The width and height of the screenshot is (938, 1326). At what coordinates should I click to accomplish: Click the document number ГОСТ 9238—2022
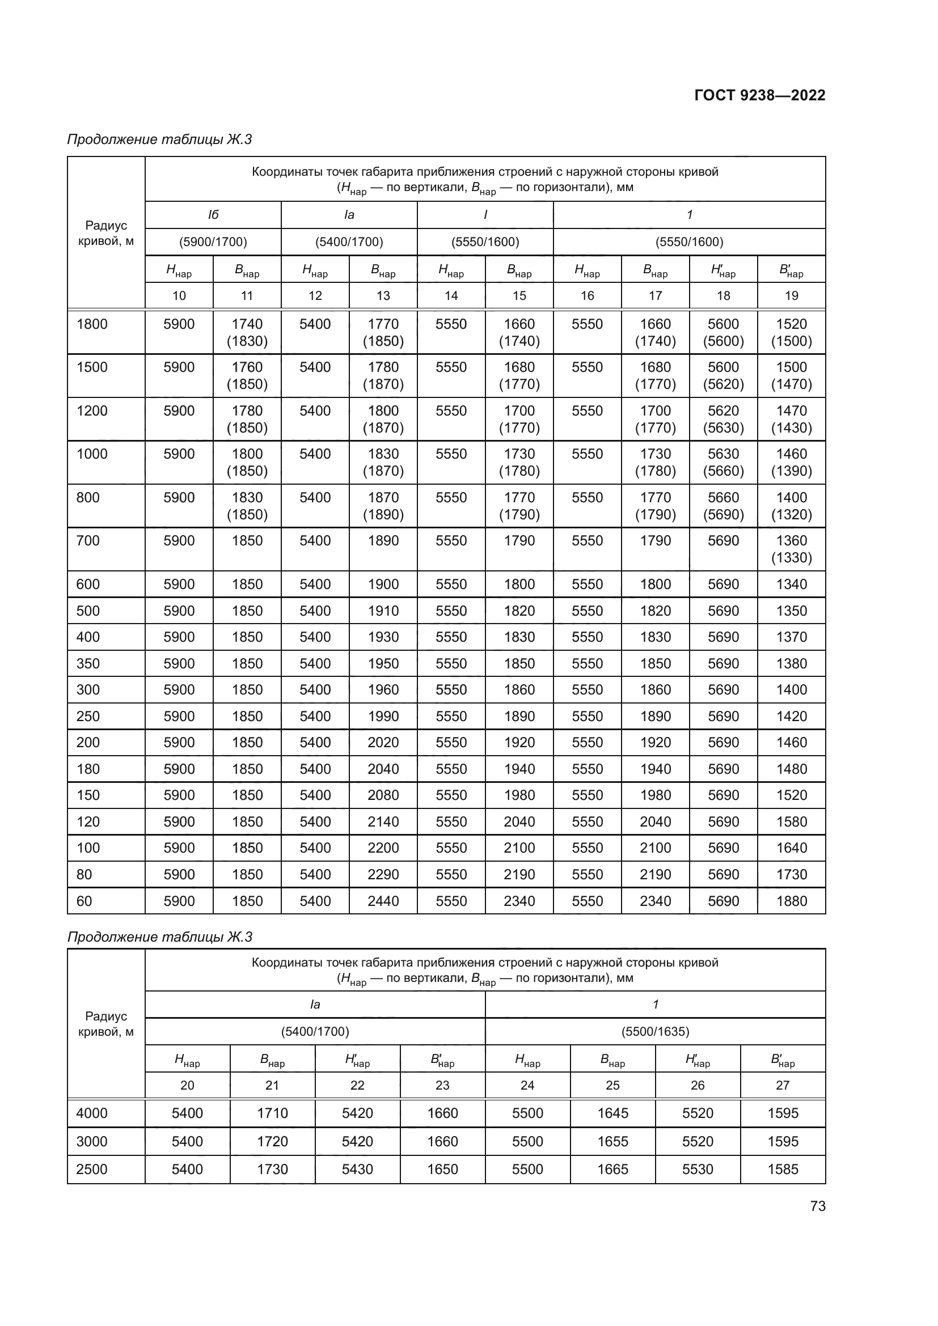click(x=759, y=95)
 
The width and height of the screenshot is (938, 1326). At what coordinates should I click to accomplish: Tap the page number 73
click(x=817, y=1206)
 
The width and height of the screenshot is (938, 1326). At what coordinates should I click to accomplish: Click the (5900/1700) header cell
click(x=213, y=242)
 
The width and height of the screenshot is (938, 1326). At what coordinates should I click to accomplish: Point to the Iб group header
click(x=213, y=215)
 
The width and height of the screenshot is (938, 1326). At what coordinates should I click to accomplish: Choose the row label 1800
click(x=92, y=324)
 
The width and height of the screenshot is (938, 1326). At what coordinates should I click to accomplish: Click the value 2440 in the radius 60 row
click(x=383, y=901)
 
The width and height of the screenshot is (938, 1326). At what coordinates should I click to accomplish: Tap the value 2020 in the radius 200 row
click(x=383, y=742)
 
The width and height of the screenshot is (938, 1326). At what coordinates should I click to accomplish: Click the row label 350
click(x=88, y=663)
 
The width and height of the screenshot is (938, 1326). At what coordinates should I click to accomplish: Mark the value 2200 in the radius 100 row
click(x=383, y=848)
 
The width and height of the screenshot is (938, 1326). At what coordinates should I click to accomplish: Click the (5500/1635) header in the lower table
click(x=655, y=1031)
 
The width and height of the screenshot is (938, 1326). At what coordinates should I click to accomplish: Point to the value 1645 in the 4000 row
click(x=612, y=1113)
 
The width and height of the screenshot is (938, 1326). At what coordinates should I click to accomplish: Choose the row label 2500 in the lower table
click(x=92, y=1170)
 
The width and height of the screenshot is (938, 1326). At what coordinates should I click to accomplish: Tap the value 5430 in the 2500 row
click(x=357, y=1170)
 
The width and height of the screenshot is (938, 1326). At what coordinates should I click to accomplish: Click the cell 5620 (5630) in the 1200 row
click(x=723, y=420)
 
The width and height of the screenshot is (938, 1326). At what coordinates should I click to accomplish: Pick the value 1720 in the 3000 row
click(x=272, y=1141)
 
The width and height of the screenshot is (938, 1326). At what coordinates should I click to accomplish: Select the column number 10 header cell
click(x=179, y=296)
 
